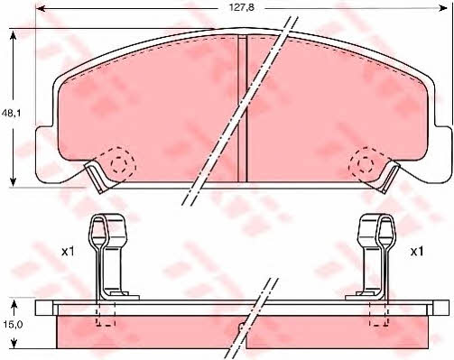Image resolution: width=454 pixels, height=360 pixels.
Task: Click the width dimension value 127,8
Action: pyautogui.click(x=242, y=7)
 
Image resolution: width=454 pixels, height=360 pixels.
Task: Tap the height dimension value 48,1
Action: pyautogui.click(x=11, y=113)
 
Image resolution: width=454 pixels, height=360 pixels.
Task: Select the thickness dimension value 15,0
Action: pyautogui.click(x=12, y=324)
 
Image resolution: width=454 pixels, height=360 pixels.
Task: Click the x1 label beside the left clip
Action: pyautogui.click(x=68, y=252)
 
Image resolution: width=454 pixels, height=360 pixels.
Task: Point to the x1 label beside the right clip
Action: pyautogui.click(x=417, y=252)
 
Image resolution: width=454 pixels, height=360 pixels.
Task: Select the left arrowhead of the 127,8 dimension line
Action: pyautogui.click(x=41, y=8)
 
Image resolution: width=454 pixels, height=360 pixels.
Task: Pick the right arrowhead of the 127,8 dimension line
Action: pyautogui.click(x=443, y=8)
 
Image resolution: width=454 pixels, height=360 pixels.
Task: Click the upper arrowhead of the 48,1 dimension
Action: pyautogui.click(x=13, y=36)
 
